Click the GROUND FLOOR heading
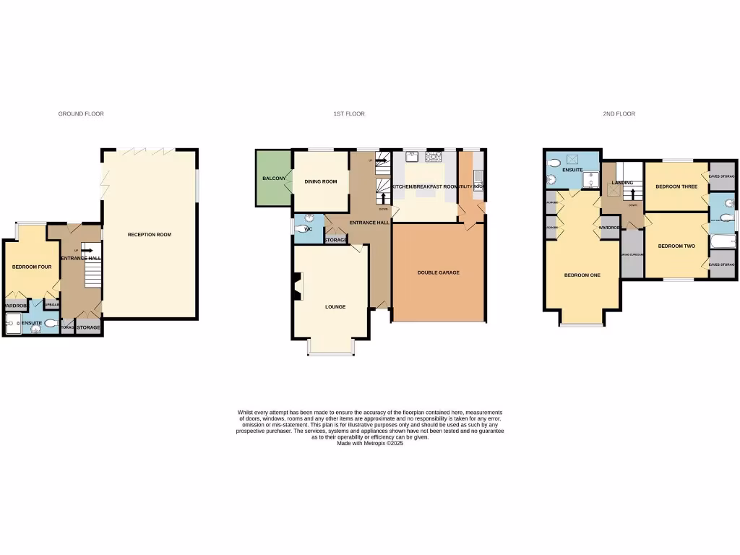click(x=81, y=114)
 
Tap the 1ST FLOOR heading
click(x=349, y=114)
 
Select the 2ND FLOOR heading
click(x=619, y=114)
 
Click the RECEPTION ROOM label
click(x=150, y=235)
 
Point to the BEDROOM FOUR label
click(x=32, y=267)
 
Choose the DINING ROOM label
click(x=320, y=182)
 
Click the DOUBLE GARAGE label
click(x=438, y=272)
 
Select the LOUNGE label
click(x=335, y=307)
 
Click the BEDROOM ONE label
click(x=582, y=275)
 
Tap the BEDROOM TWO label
click(x=676, y=246)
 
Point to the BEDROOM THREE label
click(x=675, y=187)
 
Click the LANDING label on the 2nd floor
click(x=622, y=183)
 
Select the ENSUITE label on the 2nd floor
click(x=572, y=170)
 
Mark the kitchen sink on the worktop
click(x=413, y=155)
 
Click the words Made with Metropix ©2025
click(x=369, y=443)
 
